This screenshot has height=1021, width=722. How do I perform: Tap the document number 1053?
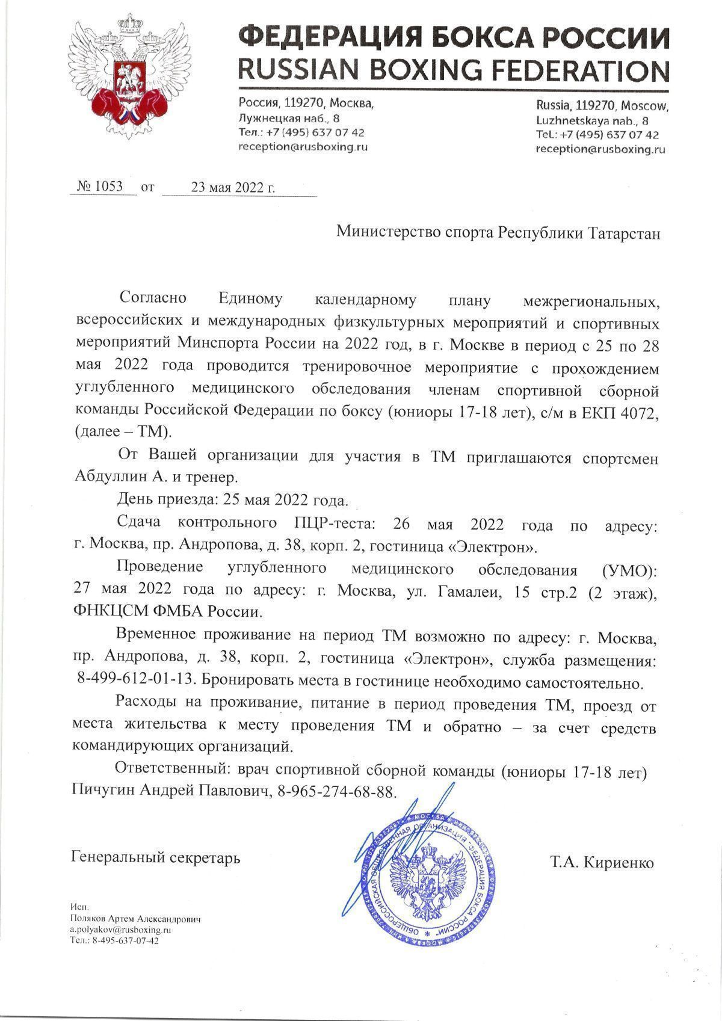[x=108, y=187]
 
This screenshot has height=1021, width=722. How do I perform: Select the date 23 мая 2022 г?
[x=233, y=187]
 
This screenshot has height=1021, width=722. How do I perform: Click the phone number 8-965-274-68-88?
[x=338, y=791]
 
